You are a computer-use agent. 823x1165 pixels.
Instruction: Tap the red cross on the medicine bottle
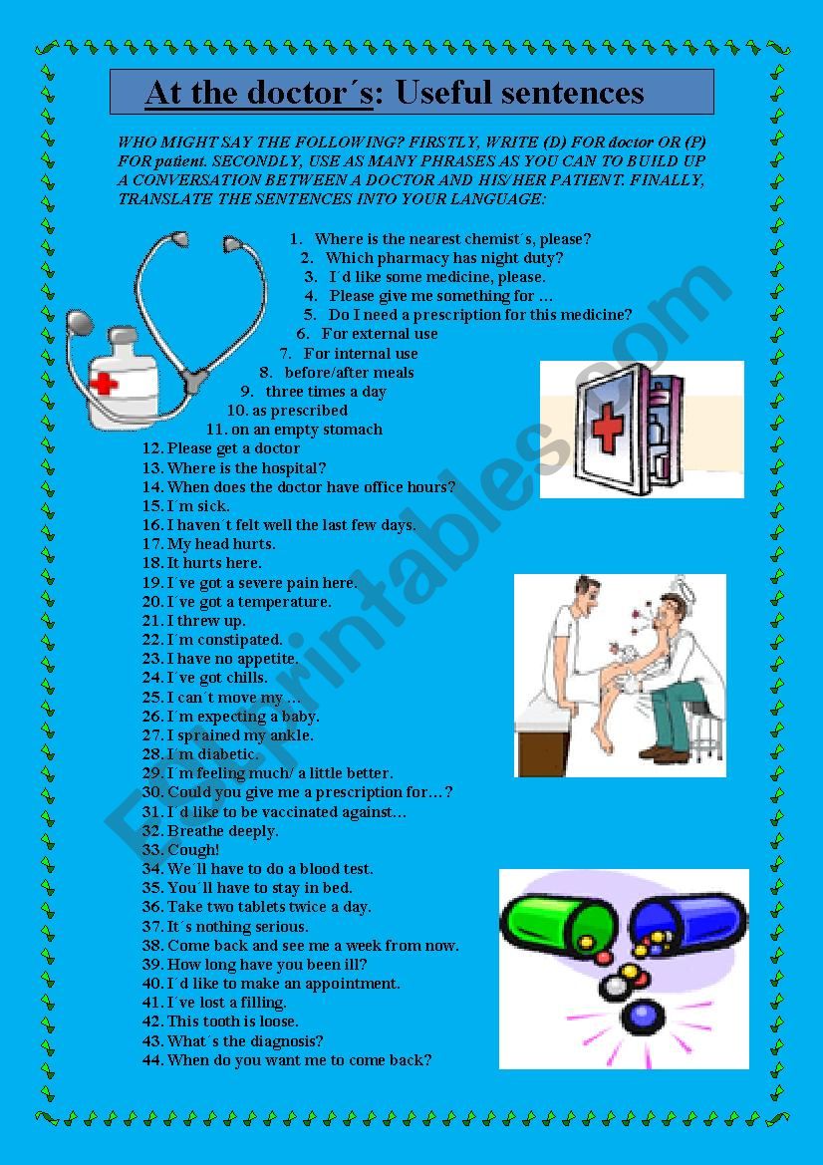pyautogui.click(x=104, y=383)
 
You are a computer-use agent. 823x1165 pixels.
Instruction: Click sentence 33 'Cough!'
pyautogui.click(x=193, y=850)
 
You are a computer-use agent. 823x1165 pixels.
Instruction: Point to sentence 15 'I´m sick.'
pyautogui.click(x=197, y=506)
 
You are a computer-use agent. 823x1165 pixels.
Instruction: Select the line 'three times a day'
pyautogui.click(x=325, y=392)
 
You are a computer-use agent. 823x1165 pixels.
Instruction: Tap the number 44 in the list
pyautogui.click(x=152, y=1060)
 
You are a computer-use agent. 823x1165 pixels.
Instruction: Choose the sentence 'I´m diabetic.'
pyautogui.click(x=212, y=754)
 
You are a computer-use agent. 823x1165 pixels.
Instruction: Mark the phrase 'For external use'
pyautogui.click(x=379, y=334)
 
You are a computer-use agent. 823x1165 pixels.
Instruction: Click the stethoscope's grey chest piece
pyautogui.click(x=80, y=322)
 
